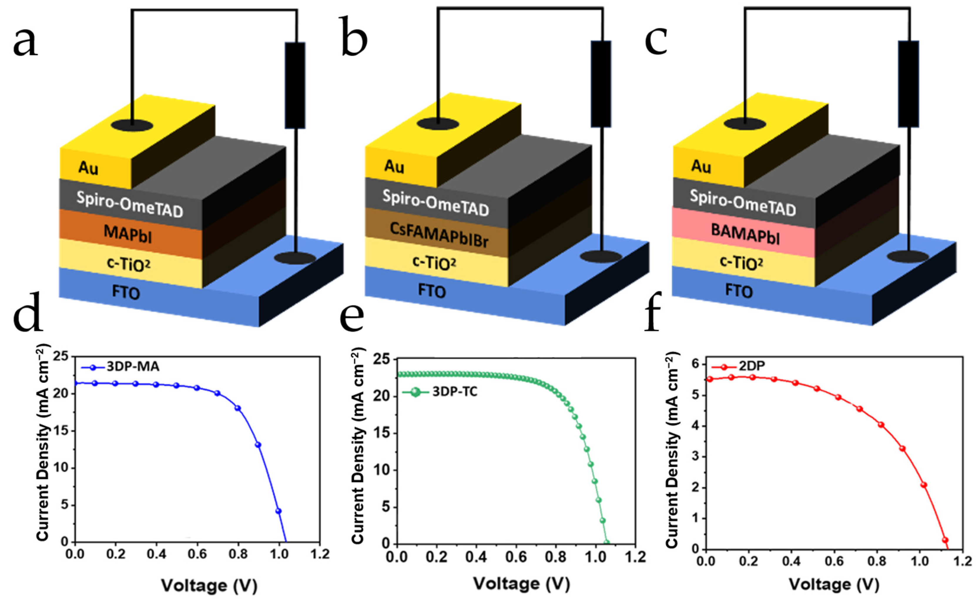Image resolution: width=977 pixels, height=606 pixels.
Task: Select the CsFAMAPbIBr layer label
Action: tap(439, 234)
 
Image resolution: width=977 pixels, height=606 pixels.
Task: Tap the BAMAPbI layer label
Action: tap(745, 234)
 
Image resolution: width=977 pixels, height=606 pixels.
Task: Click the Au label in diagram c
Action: tap(701, 166)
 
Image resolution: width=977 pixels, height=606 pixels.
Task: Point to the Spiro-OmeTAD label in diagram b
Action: tap(435, 203)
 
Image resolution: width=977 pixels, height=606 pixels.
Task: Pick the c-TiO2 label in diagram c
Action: tap(741, 263)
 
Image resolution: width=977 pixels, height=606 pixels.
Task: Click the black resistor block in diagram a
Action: tap(295, 85)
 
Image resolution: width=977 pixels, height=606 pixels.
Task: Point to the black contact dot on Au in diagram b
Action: tap(438, 123)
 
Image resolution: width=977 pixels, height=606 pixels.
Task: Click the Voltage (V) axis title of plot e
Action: tap(521, 584)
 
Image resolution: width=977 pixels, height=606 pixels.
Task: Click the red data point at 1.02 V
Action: tap(924, 485)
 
